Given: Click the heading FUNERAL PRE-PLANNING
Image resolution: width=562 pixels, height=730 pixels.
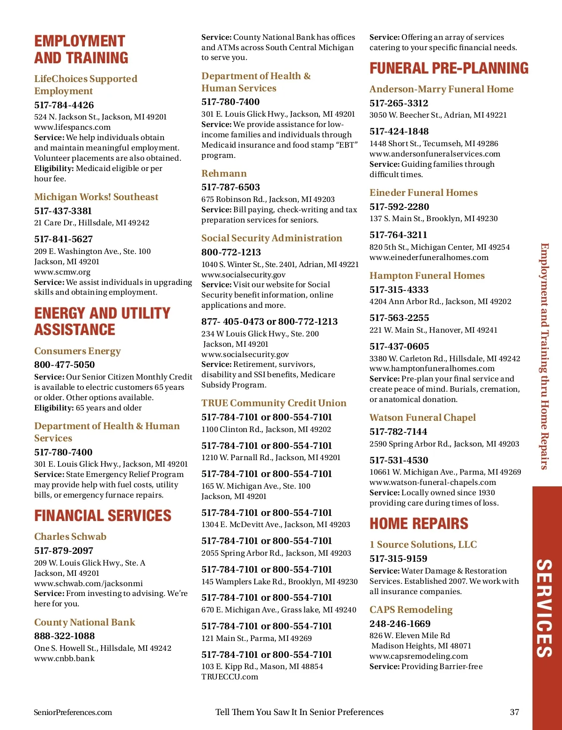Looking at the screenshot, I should point(449,68).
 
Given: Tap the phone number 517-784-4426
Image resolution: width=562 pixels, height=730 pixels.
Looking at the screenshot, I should point(64,105).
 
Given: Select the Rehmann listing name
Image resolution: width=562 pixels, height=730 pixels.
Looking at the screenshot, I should point(224,173).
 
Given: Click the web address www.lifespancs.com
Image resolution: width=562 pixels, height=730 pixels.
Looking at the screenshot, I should point(73,127).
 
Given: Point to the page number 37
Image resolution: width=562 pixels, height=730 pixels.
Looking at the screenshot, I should point(514,712).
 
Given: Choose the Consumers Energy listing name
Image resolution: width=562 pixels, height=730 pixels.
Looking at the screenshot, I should point(77,351).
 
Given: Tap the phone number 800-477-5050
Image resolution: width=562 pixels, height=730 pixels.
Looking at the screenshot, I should point(65,365).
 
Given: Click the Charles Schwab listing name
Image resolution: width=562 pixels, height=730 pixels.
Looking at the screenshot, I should point(70,536).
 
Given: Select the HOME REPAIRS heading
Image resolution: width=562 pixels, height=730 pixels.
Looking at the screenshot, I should point(419,523).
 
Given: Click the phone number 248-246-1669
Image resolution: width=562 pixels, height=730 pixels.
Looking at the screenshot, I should point(400,624).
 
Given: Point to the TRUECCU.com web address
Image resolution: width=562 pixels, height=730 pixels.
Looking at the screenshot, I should point(230,677).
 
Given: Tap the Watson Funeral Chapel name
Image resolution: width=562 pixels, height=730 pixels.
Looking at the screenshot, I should point(422,417).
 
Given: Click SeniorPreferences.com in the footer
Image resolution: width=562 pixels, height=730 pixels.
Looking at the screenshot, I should point(73,712).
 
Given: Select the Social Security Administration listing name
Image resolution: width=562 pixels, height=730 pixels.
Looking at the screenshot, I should point(272,238).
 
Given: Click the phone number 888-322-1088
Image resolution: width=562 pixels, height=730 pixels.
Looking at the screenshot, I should point(65,636).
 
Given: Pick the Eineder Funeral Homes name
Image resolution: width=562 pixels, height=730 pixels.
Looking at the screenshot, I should point(423,193).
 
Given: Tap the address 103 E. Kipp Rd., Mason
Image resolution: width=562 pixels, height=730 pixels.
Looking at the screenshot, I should point(262,666).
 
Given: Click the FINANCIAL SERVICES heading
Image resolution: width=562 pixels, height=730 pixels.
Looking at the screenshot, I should point(103,515).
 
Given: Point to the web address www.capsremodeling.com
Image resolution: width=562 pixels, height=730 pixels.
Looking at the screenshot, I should point(419,656).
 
